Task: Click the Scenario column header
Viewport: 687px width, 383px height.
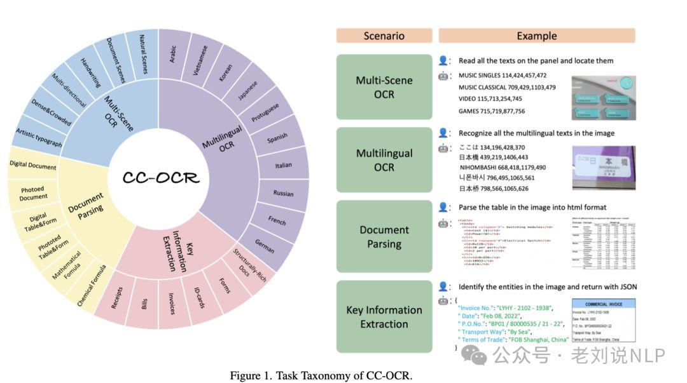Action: pyautogui.click(x=384, y=36)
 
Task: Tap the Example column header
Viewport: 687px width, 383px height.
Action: pyautogui.click(x=536, y=36)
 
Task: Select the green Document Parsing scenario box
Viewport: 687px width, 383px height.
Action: pyautogui.click(x=384, y=237)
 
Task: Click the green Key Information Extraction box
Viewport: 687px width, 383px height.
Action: pyautogui.click(x=384, y=317)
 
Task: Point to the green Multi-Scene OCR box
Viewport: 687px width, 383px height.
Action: pyautogui.click(x=384, y=88)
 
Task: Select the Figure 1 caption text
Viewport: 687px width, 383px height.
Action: pyautogui.click(x=321, y=375)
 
